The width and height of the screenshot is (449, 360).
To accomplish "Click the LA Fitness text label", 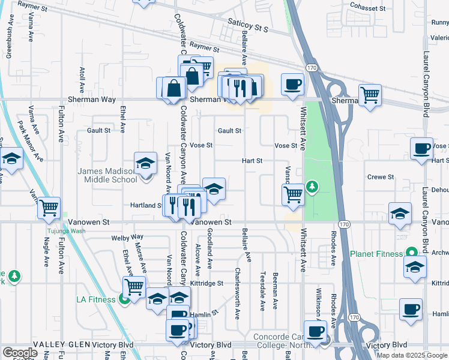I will (97, 299).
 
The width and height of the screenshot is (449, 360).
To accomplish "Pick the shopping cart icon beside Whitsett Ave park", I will (293, 194).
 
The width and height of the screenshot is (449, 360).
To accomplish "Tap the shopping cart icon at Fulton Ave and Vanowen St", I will (49, 208).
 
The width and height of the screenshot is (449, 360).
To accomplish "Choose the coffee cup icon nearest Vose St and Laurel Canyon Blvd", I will (421, 148).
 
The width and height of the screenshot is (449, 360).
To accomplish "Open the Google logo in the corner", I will (19, 353).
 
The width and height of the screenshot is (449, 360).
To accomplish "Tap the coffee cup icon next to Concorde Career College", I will (315, 331).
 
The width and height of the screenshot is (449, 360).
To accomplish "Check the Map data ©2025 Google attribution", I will (412, 355).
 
